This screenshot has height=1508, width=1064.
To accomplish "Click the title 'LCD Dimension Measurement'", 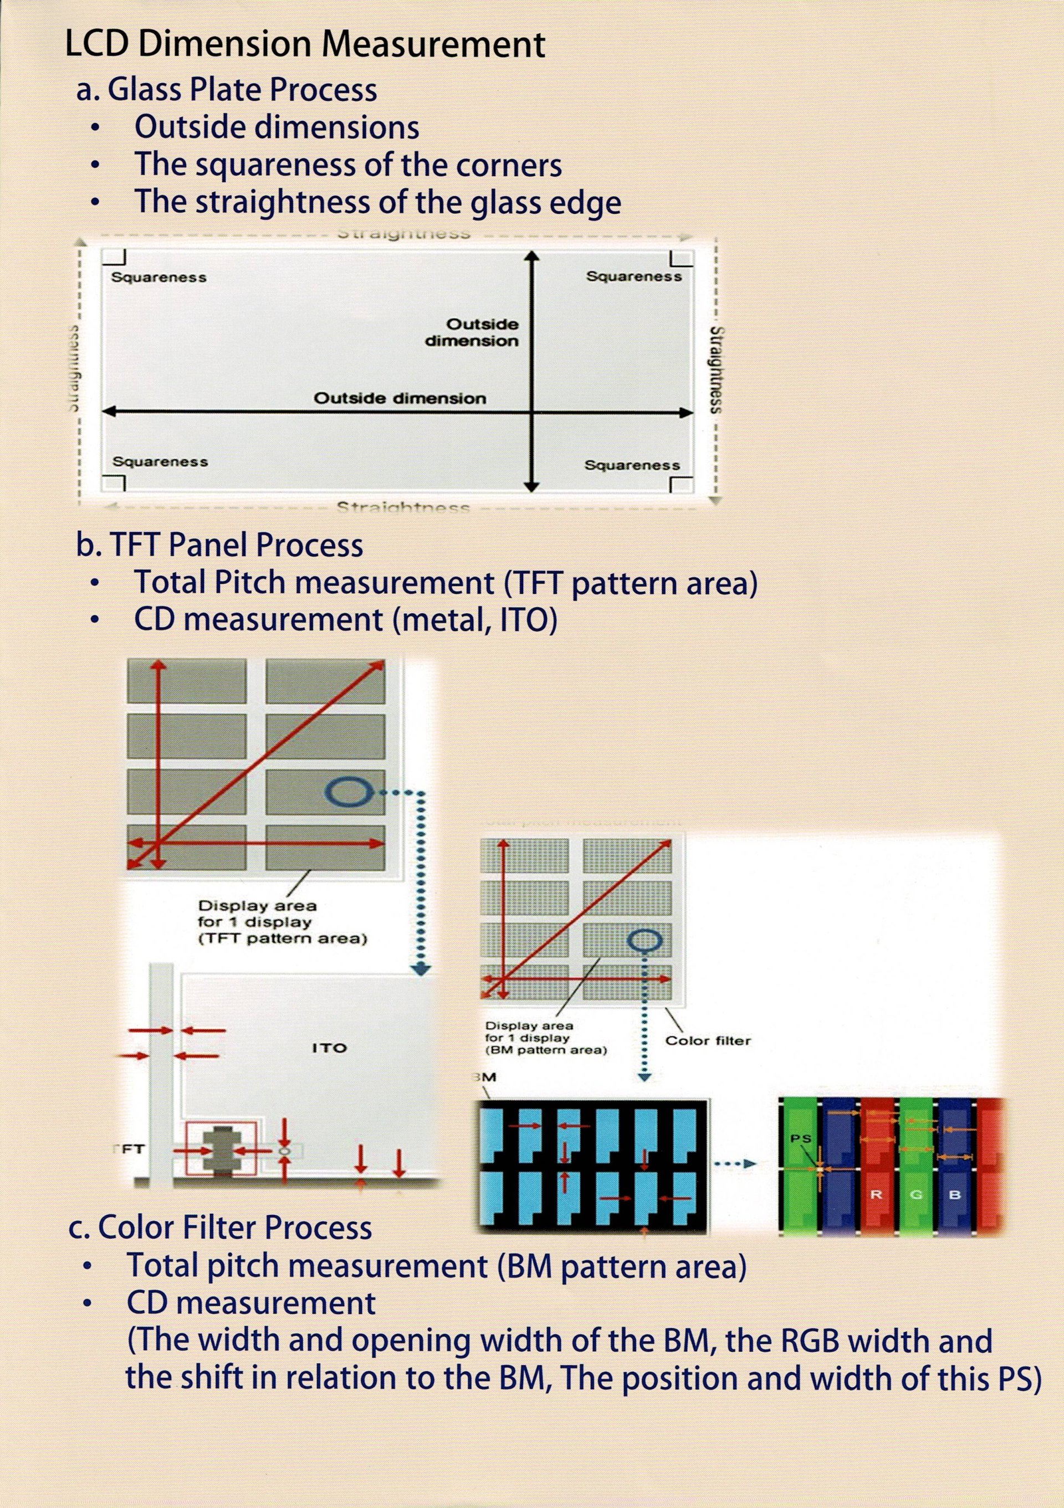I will (x=305, y=46).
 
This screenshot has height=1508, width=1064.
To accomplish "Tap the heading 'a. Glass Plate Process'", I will (x=227, y=90).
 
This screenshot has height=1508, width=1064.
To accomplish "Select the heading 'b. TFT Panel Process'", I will (x=219, y=545).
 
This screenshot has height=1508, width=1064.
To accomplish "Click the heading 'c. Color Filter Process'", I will (x=220, y=1227).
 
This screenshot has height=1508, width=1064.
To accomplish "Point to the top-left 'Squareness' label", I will (x=159, y=277).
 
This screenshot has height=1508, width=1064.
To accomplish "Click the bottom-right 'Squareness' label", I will (x=632, y=466).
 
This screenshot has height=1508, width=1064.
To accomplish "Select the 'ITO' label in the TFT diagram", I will (x=329, y=1048).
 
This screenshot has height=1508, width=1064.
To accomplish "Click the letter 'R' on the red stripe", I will (x=876, y=1194).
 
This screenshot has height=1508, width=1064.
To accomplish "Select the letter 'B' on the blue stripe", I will (x=955, y=1194).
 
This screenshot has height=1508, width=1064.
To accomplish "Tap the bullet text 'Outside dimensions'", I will (x=277, y=127).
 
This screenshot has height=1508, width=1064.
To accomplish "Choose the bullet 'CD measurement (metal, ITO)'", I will (x=345, y=620).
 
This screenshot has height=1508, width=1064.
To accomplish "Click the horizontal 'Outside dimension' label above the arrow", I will (x=400, y=399).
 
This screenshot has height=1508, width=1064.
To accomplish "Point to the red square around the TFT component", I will (x=220, y=1149).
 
